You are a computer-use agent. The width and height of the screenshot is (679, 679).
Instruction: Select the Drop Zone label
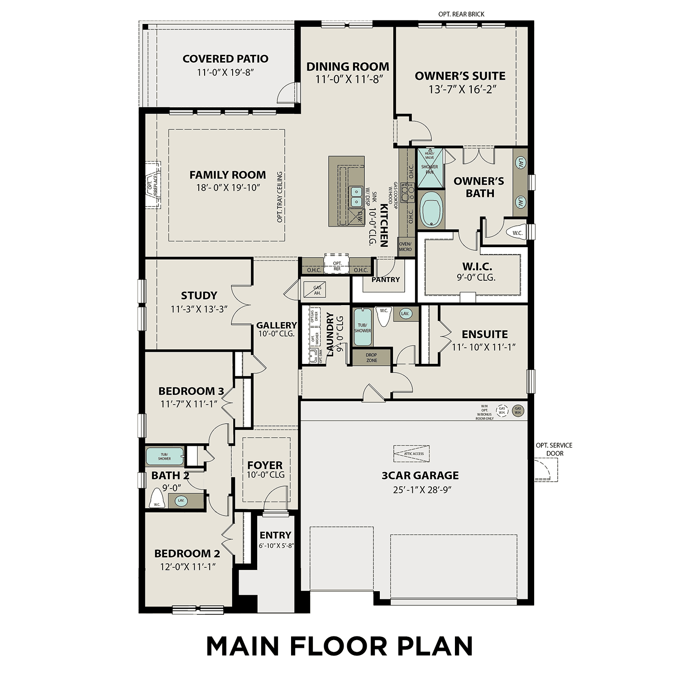click(371, 358)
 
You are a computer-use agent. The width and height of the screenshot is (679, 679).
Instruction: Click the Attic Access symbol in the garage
click(411, 454)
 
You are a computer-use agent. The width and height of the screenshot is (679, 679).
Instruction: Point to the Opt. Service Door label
click(554, 449)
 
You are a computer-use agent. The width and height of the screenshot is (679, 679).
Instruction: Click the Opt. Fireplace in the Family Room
click(153, 184)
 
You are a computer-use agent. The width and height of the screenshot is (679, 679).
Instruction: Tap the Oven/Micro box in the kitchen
click(405, 246)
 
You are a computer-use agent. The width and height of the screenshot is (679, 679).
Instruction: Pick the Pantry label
click(385, 280)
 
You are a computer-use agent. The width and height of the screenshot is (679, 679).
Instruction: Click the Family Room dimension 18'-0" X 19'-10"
click(228, 188)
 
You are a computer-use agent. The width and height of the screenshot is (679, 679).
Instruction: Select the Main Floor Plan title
click(339, 646)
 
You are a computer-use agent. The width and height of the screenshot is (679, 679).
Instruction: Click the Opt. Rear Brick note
click(461, 14)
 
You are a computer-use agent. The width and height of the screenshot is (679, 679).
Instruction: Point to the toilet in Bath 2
click(157, 502)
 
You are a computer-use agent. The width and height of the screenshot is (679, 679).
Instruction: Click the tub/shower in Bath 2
click(164, 456)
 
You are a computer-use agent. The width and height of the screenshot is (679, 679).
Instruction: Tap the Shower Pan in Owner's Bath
click(430, 168)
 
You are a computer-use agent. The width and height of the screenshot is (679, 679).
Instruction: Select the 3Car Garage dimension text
click(420, 490)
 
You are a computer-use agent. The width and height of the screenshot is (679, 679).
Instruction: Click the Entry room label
click(275, 535)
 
